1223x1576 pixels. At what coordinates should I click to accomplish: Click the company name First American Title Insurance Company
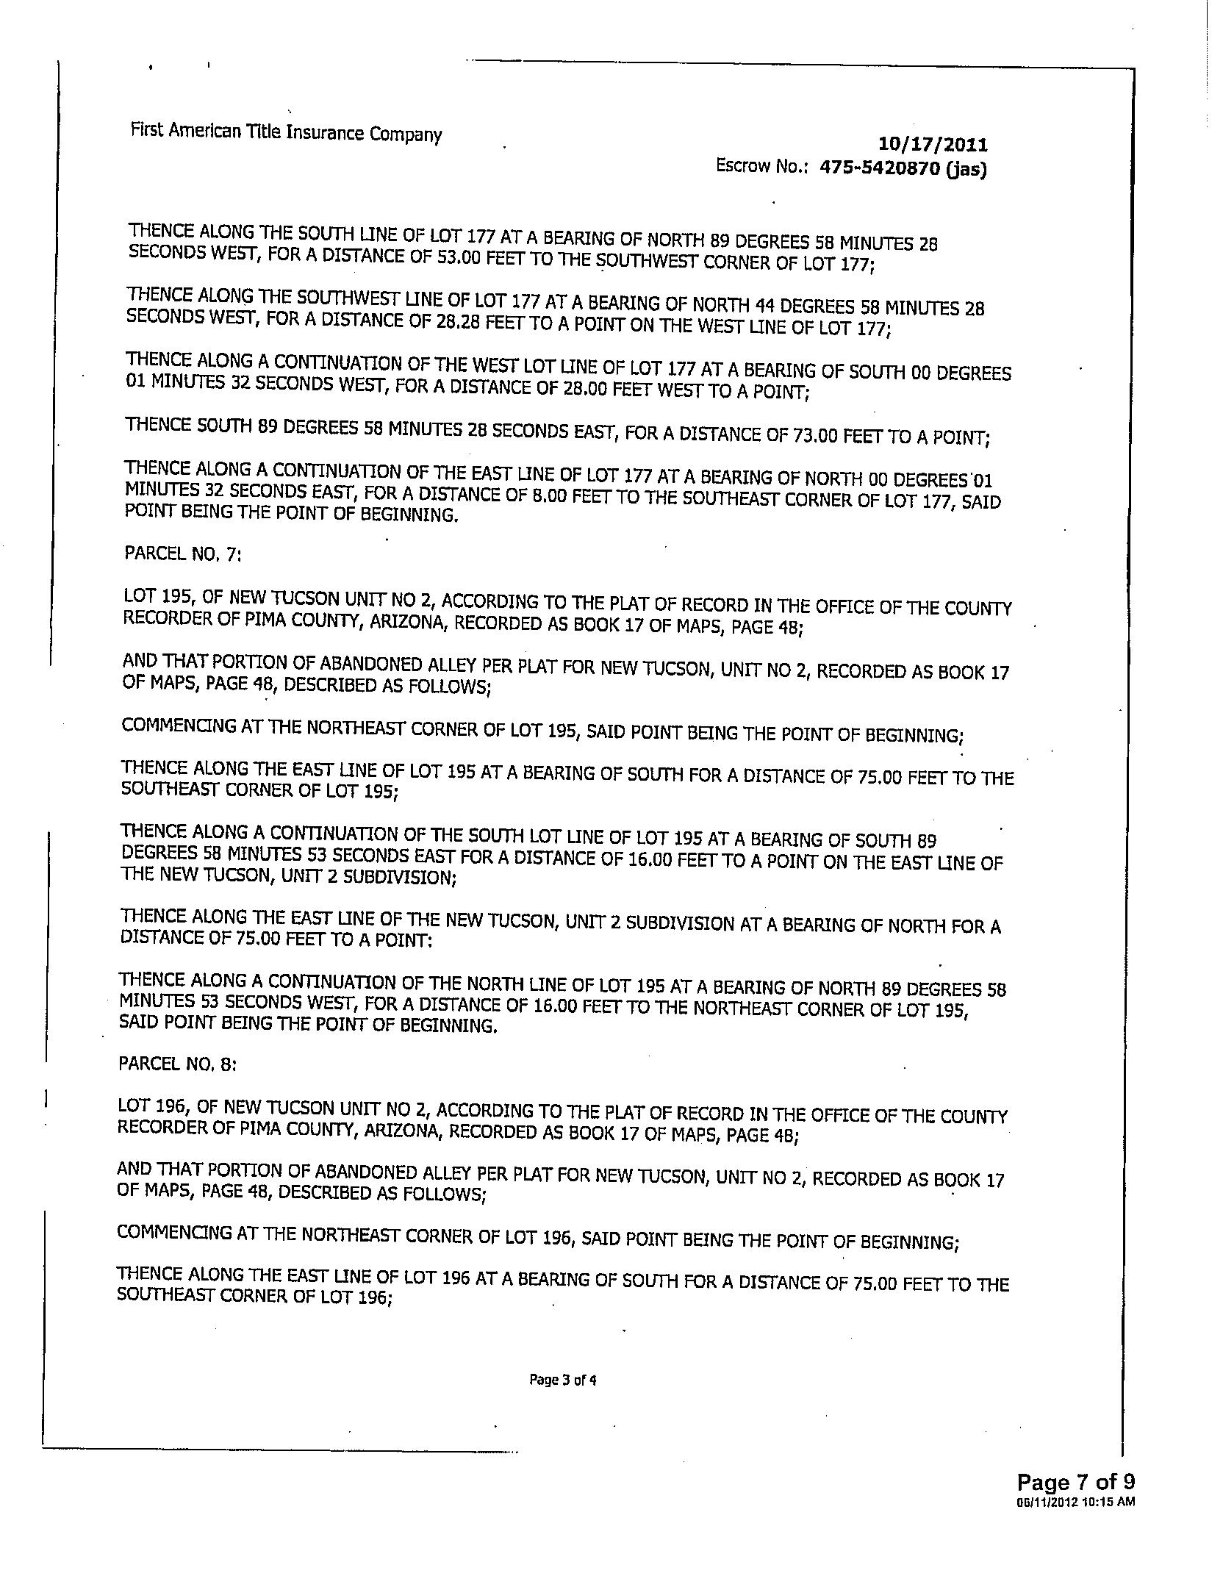pyautogui.click(x=286, y=133)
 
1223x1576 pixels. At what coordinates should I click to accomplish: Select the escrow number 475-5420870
pyautogui.click(x=879, y=168)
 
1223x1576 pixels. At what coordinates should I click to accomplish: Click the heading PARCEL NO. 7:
pyautogui.click(x=182, y=554)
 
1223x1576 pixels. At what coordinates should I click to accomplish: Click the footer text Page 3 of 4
pyautogui.click(x=562, y=1380)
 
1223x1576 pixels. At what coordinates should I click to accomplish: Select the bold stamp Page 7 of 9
pyautogui.click(x=1075, y=1481)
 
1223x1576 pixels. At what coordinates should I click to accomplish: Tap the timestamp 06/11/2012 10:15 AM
pyautogui.click(x=1076, y=1500)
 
